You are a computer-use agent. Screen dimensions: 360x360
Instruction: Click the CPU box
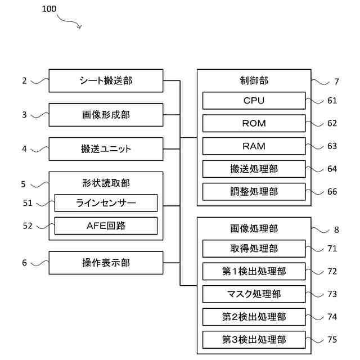tap(254, 101)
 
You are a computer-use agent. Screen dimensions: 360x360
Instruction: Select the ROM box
tap(254, 123)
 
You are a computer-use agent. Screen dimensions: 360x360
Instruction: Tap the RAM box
tap(254, 146)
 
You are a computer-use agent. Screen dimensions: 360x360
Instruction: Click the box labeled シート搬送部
tap(106, 80)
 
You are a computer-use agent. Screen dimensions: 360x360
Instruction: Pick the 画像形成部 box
tap(106, 115)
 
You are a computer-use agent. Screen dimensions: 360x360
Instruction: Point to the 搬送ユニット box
tap(106, 149)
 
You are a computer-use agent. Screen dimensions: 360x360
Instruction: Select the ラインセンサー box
tap(106, 203)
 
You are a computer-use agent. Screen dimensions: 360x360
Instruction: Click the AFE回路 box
tap(106, 226)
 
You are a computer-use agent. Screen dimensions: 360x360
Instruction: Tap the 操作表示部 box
tap(106, 263)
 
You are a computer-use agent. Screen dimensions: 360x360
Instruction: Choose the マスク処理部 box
tap(254, 294)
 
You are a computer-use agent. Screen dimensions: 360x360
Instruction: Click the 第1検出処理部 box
tap(254, 271)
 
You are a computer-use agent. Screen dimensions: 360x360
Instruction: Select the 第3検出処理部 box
tap(254, 340)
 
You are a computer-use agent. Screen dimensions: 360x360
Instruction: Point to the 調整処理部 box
tap(254, 192)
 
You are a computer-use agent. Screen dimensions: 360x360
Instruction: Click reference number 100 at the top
tap(49, 9)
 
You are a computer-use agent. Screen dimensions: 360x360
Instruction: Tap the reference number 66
tap(332, 191)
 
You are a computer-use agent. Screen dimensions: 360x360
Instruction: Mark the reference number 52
tap(28, 226)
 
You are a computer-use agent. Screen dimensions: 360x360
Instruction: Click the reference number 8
tap(336, 229)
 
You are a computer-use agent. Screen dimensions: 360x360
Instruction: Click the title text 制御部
tap(254, 80)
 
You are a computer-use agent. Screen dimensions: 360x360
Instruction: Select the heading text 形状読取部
tap(106, 183)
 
